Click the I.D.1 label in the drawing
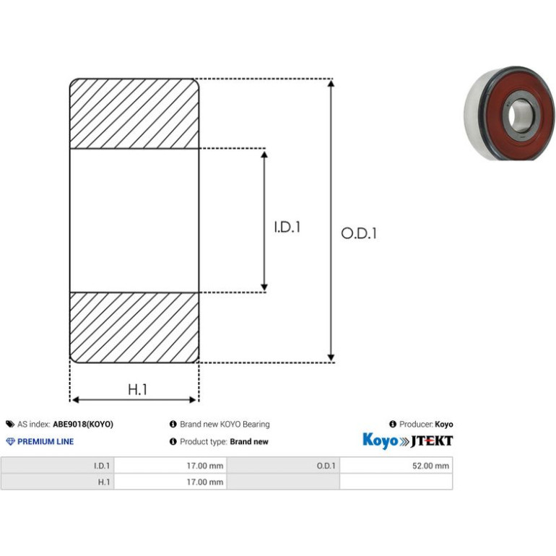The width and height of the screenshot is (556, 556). [x=287, y=227]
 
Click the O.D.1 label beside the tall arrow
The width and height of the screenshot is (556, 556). [x=358, y=233]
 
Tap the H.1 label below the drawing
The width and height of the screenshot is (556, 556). [x=137, y=389]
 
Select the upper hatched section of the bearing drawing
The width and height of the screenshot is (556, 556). [x=134, y=113]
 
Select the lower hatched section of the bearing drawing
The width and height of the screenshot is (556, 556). [x=134, y=328]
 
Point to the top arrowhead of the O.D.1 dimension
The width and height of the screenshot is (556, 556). [x=331, y=83]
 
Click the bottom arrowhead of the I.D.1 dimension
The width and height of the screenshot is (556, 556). [x=264, y=287]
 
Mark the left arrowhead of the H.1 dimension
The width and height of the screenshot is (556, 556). [x=76, y=400]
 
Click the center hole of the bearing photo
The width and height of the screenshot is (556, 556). [x=521, y=116]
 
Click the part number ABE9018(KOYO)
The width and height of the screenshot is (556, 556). [x=83, y=424]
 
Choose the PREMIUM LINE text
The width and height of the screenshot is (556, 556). [x=45, y=441]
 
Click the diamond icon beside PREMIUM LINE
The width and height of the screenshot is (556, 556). [x=10, y=441]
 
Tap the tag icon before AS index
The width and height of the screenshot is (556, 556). [x=10, y=424]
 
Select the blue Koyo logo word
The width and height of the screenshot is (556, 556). [x=380, y=440]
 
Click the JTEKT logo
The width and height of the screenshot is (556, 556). [x=432, y=441]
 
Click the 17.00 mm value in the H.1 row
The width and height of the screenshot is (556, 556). [x=205, y=482]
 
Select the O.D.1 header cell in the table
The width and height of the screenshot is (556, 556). [x=283, y=466]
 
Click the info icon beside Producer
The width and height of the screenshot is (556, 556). [x=393, y=424]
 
